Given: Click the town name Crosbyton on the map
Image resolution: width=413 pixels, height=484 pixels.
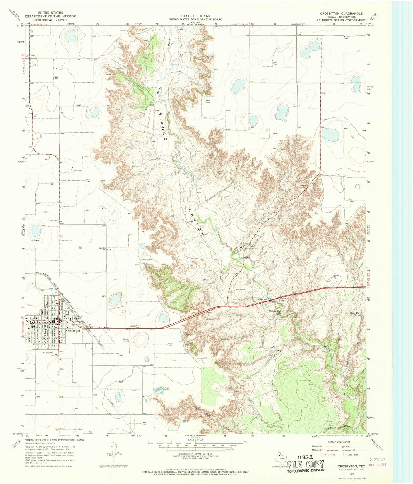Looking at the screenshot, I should point(73,330).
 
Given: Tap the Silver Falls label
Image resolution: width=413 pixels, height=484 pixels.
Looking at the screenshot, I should point(262,299).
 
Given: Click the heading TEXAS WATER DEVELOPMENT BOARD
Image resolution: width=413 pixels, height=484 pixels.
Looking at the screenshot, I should point(193,19).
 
